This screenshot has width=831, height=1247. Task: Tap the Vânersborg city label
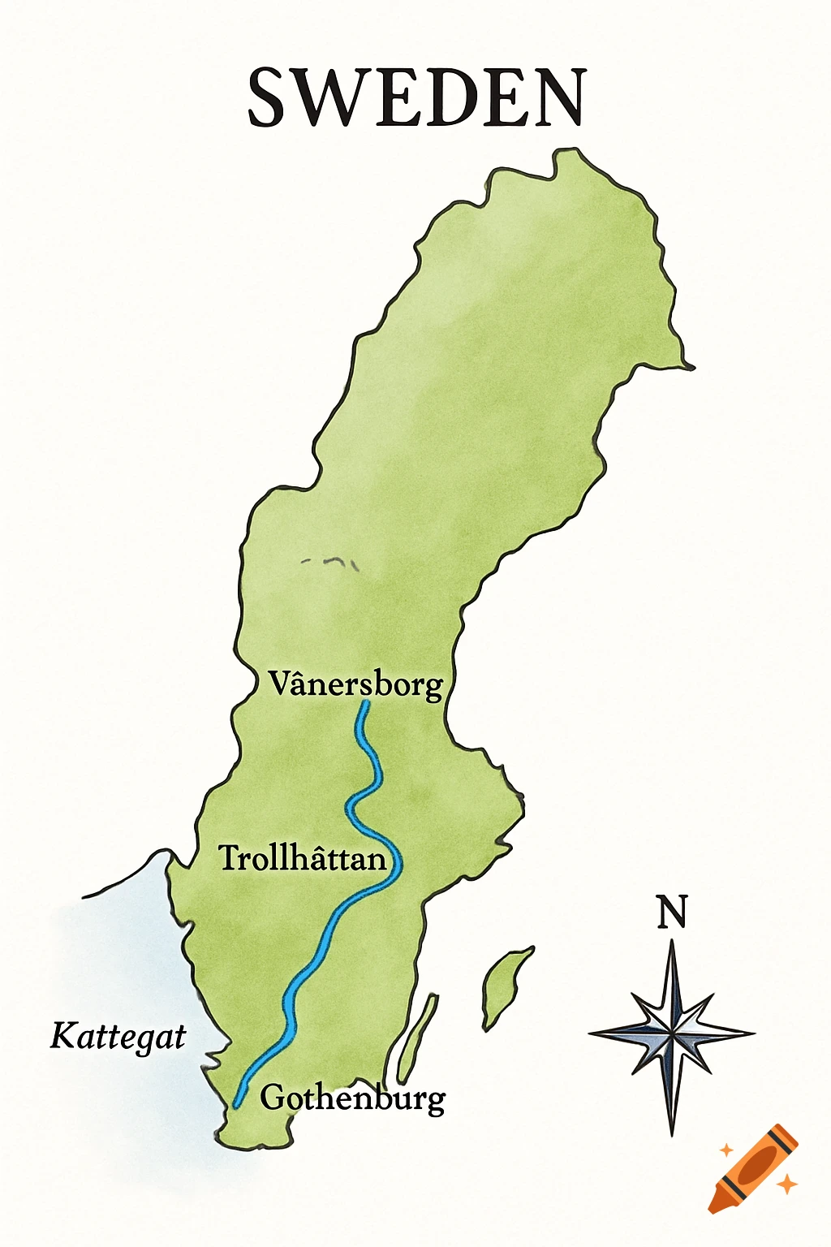click(x=356, y=684)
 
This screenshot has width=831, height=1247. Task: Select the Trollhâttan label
click(x=303, y=858)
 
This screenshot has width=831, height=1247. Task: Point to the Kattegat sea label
click(x=118, y=1037)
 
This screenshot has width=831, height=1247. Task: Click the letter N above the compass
click(x=672, y=912)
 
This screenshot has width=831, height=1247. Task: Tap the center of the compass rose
click(x=672, y=1033)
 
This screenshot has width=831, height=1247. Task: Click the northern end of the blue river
click(x=366, y=703)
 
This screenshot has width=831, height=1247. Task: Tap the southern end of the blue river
click(x=236, y=1104)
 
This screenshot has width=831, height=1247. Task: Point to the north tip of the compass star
click(x=672, y=942)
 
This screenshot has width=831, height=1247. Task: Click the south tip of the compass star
click(x=672, y=1133)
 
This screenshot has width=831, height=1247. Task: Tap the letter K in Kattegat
click(x=62, y=1036)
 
